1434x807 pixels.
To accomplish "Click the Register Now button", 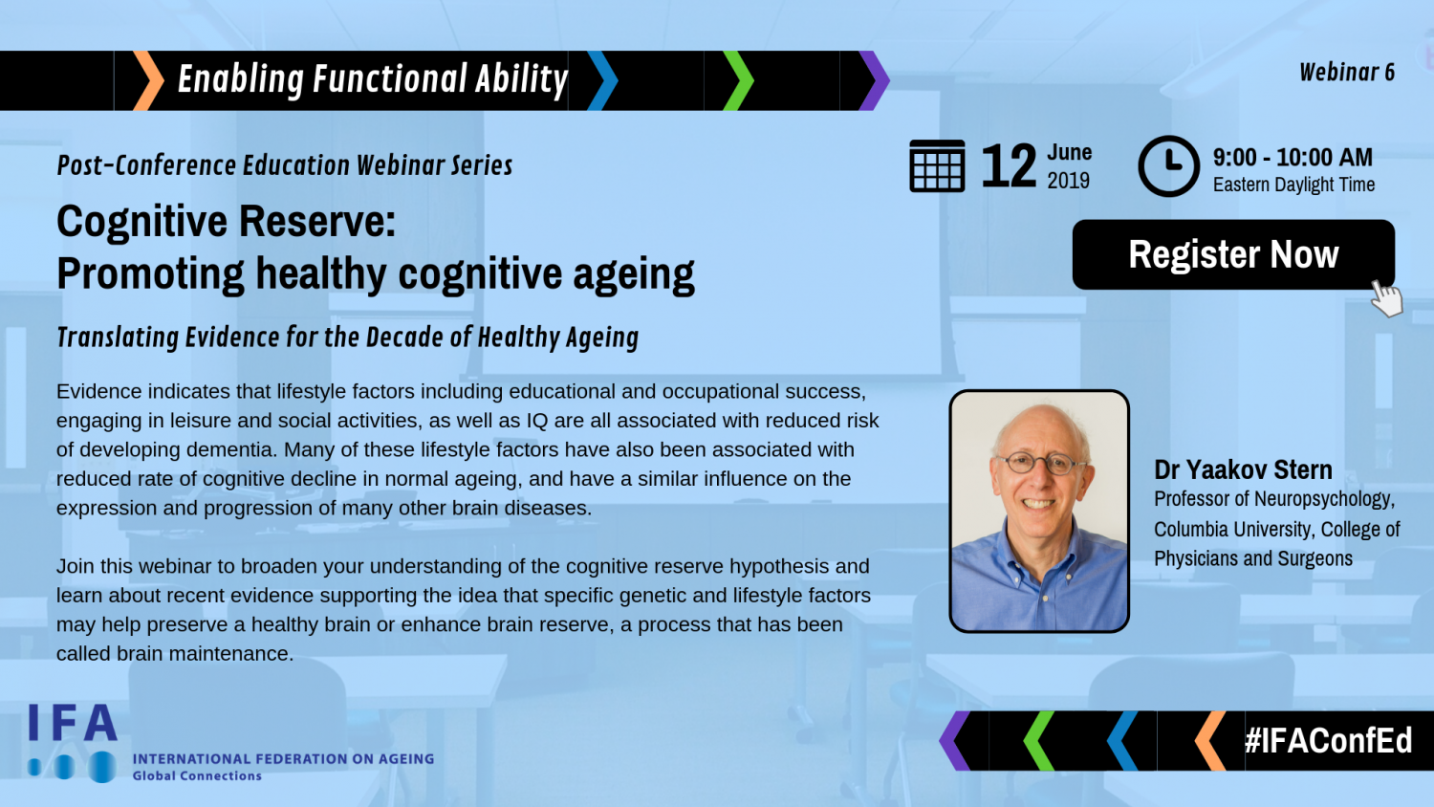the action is (x=1233, y=254).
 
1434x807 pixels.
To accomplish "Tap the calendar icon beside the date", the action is (x=937, y=165).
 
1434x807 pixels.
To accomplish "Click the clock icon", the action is (x=1168, y=165).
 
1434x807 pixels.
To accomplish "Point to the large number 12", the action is (x=1009, y=165).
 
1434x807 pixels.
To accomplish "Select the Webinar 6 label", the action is (x=1347, y=73).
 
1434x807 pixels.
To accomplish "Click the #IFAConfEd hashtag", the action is (x=1329, y=740).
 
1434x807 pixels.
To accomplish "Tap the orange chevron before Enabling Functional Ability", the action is (x=148, y=80).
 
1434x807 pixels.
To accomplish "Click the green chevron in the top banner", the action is (x=738, y=80).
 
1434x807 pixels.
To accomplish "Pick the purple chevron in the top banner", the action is (x=874, y=80).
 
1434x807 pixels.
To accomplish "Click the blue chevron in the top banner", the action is (x=602, y=80).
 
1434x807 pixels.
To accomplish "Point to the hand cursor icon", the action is (x=1386, y=298).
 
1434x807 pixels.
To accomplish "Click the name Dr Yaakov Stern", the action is (x=1243, y=469).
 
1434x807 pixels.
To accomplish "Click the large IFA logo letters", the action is (x=73, y=723).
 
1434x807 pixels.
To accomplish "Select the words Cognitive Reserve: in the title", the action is (x=226, y=222).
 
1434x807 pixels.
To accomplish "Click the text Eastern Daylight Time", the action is (x=1293, y=185).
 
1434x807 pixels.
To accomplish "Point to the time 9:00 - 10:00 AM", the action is (x=1293, y=157).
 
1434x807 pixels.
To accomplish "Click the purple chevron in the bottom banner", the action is (x=955, y=740).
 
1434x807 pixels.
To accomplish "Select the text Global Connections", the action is (x=197, y=776).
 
